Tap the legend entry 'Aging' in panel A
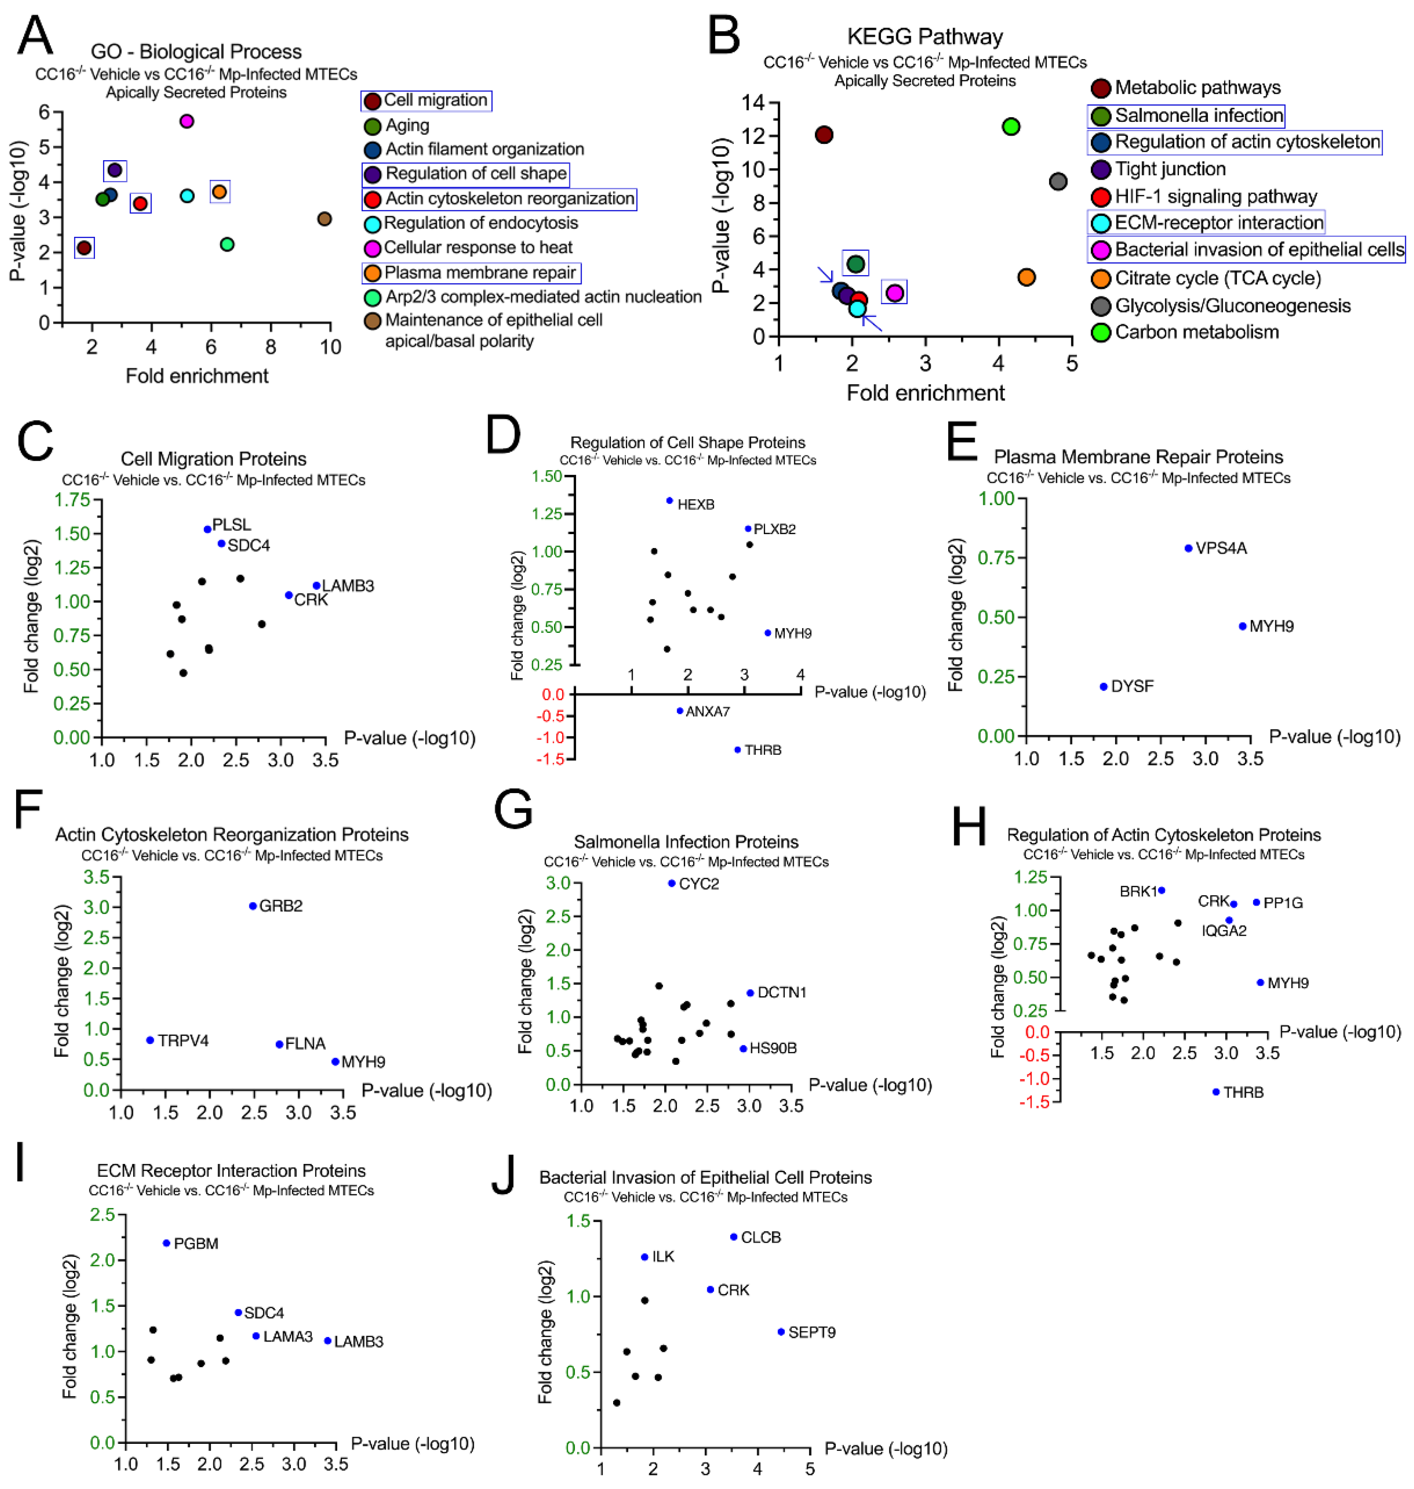pyautogui.click(x=407, y=125)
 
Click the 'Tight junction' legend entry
pyautogui.click(x=1170, y=169)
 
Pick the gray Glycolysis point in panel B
pyautogui.click(x=1058, y=182)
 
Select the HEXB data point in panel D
pyautogui.click(x=669, y=500)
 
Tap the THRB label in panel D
pyautogui.click(x=763, y=750)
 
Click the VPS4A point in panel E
pyautogui.click(x=1189, y=548)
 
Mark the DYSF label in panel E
pyautogui.click(x=1132, y=686)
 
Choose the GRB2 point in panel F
pyautogui.click(x=253, y=905)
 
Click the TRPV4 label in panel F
pyautogui.click(x=183, y=1041)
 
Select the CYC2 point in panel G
pyautogui.click(x=671, y=883)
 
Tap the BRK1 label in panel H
pyautogui.click(x=1138, y=892)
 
